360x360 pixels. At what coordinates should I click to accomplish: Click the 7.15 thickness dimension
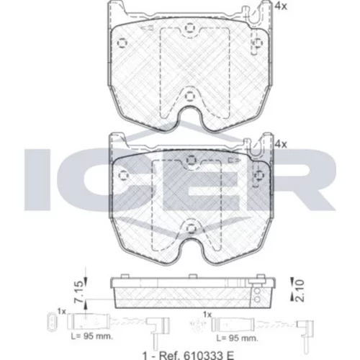(79, 291)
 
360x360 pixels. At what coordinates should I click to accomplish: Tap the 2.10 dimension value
(300, 290)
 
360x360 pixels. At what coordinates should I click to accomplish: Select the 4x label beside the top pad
(281, 6)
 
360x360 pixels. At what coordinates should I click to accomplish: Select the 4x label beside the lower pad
(281, 144)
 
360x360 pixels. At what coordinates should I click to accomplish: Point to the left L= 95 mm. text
(92, 336)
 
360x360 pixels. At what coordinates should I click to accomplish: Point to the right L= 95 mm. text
(238, 338)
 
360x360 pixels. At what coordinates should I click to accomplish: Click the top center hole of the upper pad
(189, 28)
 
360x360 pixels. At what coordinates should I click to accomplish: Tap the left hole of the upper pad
(122, 43)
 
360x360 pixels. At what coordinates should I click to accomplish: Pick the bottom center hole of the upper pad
(189, 96)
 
